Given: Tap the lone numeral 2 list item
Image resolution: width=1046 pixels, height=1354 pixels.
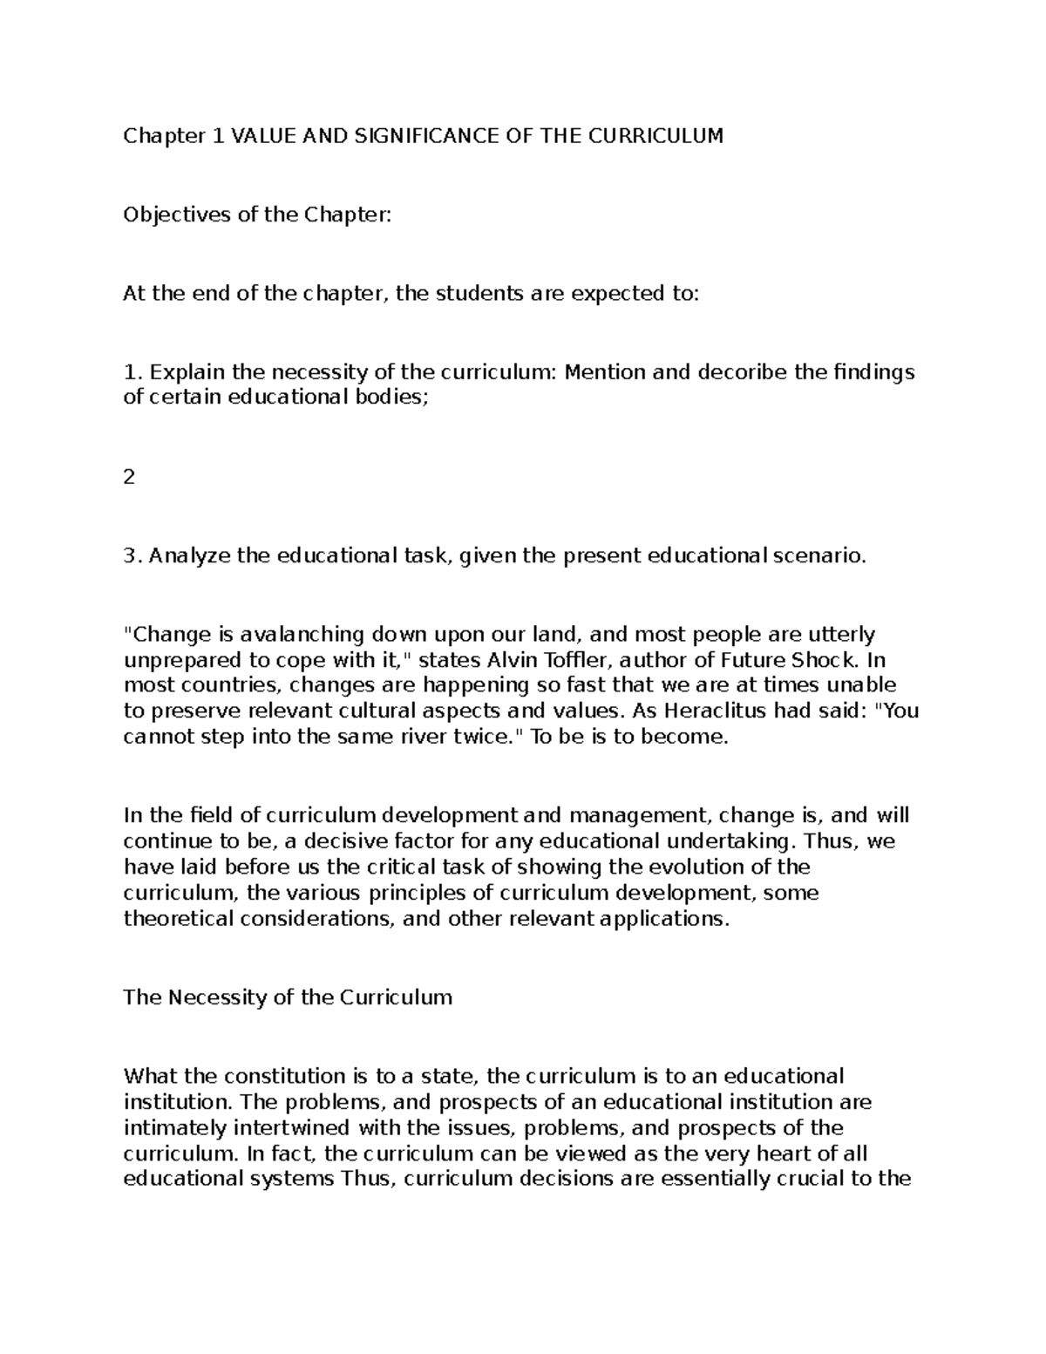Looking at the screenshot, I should click(129, 477).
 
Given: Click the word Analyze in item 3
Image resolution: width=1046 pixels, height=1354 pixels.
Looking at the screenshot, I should click(189, 555).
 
